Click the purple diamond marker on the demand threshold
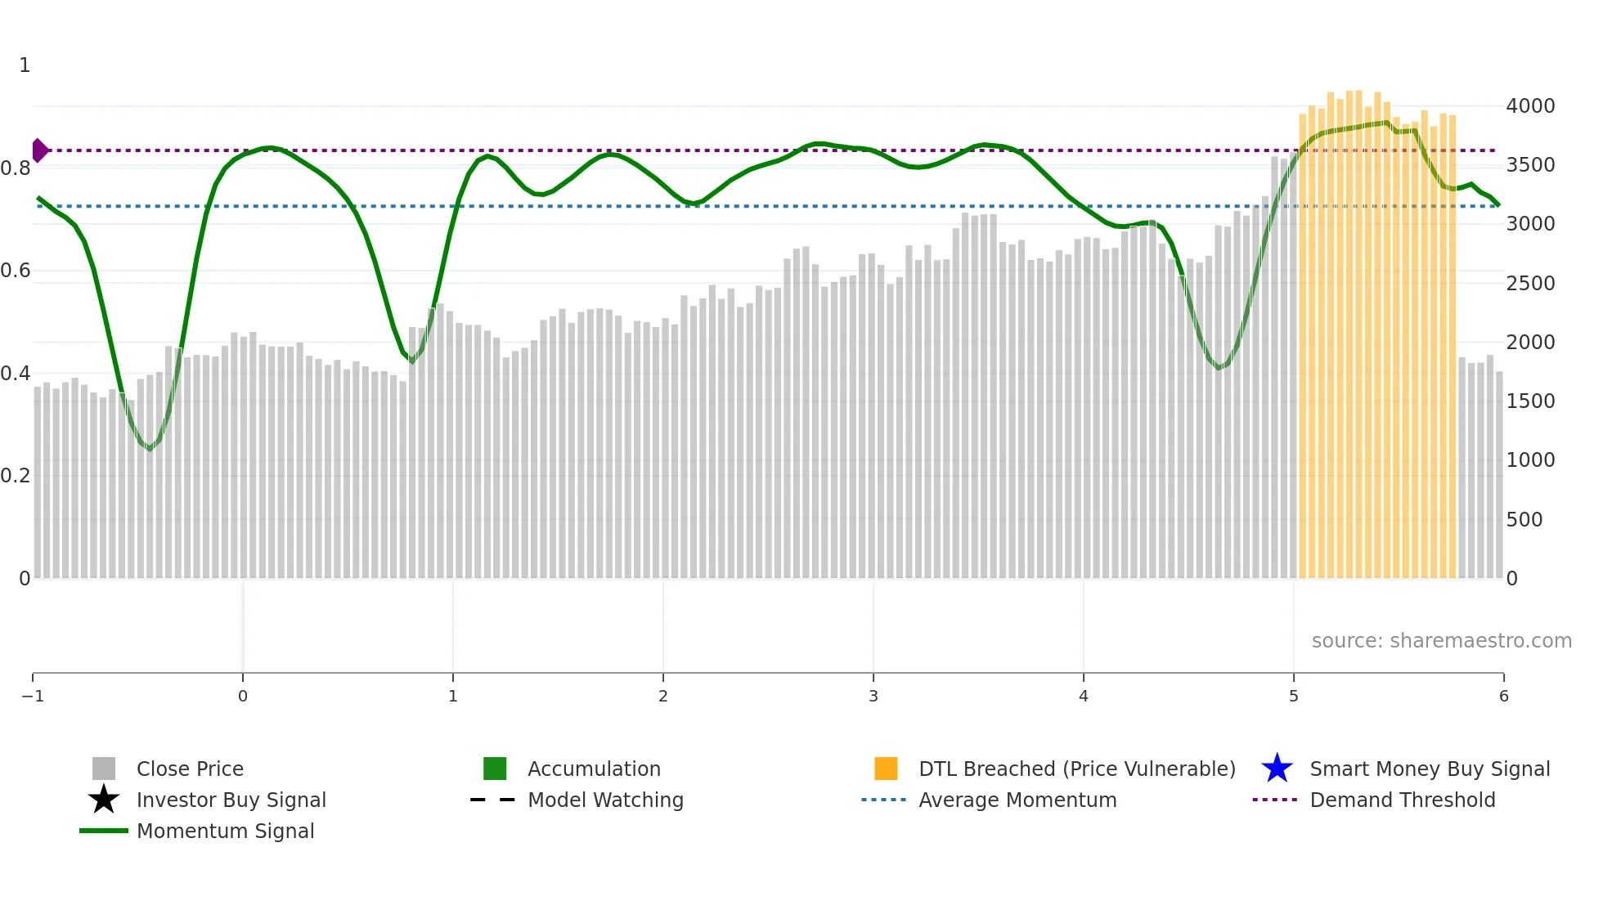(x=39, y=150)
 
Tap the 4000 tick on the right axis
(x=1530, y=106)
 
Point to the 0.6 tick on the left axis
(x=16, y=271)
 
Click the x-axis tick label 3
(x=873, y=697)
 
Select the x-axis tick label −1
(x=33, y=697)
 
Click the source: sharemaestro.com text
(x=1441, y=641)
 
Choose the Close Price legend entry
(x=190, y=769)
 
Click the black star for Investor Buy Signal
(x=104, y=800)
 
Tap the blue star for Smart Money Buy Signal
(x=1277, y=769)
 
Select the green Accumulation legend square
(x=495, y=769)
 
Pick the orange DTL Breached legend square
(x=886, y=769)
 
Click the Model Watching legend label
(x=605, y=800)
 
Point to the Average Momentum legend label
(x=1017, y=800)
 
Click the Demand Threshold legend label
(x=1402, y=800)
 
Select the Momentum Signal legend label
(x=225, y=832)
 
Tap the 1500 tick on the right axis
(x=1530, y=401)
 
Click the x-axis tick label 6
(x=1503, y=697)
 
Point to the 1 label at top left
(x=25, y=65)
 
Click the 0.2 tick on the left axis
(x=16, y=476)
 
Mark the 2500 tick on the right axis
(x=1530, y=284)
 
